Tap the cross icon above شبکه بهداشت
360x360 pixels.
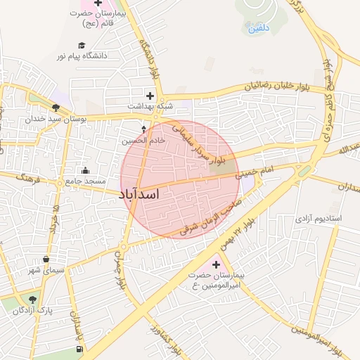click(x=149, y=95)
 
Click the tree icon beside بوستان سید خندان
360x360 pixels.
click(x=56, y=108)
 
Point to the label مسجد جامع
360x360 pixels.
click(x=85, y=181)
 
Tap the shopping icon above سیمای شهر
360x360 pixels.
click(x=46, y=259)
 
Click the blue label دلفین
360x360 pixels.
click(x=257, y=30)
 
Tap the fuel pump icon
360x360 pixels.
click(x=79, y=348)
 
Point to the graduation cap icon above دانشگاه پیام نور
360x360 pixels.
click(x=82, y=45)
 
